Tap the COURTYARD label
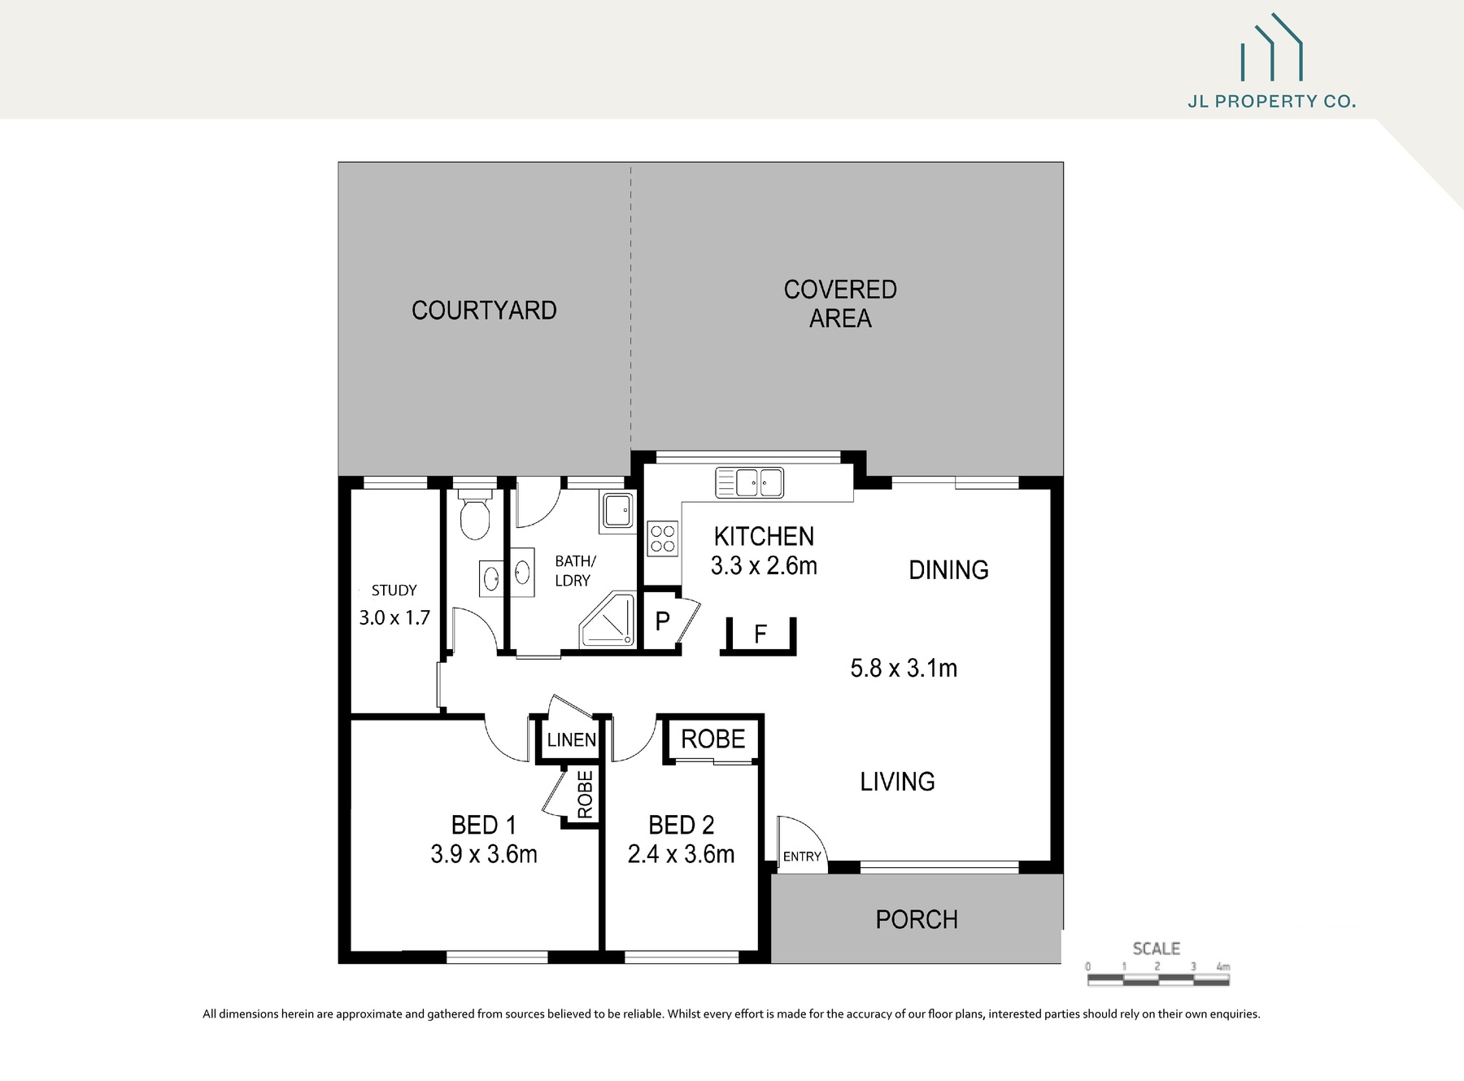(484, 311)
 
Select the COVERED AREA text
(840, 304)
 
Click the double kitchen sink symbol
(749, 482)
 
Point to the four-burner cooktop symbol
(663, 538)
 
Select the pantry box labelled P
(662, 622)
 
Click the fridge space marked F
(760, 634)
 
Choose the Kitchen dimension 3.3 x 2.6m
(764, 565)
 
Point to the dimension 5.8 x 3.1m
(904, 669)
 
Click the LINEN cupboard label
(571, 740)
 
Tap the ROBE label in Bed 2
(712, 739)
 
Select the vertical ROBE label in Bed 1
(585, 795)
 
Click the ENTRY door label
(802, 857)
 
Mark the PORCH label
(917, 920)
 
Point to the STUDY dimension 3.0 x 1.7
(394, 618)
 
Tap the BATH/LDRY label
(574, 571)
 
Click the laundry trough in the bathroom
(617, 512)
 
